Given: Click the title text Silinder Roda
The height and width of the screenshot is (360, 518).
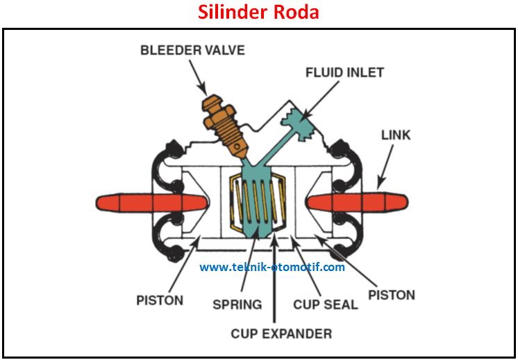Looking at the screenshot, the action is (258, 13).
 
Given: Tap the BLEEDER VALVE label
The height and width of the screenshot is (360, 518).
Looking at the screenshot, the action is (192, 50).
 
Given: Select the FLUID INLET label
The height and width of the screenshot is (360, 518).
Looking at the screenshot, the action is (344, 73).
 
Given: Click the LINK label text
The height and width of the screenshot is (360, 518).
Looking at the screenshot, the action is (396, 135).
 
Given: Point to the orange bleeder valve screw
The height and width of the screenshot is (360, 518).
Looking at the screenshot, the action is (224, 125).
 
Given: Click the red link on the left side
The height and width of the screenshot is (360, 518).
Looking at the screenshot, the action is (151, 203).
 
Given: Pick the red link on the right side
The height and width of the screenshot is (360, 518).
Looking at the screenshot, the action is (358, 202).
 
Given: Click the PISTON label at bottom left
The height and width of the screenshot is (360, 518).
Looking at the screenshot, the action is (160, 300).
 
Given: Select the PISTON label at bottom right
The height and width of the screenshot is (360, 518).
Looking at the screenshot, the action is (392, 295).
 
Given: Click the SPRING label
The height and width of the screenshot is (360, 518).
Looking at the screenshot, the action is (237, 304).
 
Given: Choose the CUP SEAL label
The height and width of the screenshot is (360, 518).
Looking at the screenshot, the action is (326, 304).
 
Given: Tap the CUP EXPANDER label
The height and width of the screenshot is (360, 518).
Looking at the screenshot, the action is (281, 334).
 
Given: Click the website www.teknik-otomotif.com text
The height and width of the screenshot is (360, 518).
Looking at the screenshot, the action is (272, 267).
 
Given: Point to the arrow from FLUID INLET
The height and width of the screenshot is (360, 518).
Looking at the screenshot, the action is (319, 101).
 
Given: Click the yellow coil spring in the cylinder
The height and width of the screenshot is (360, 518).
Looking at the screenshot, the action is (258, 202).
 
